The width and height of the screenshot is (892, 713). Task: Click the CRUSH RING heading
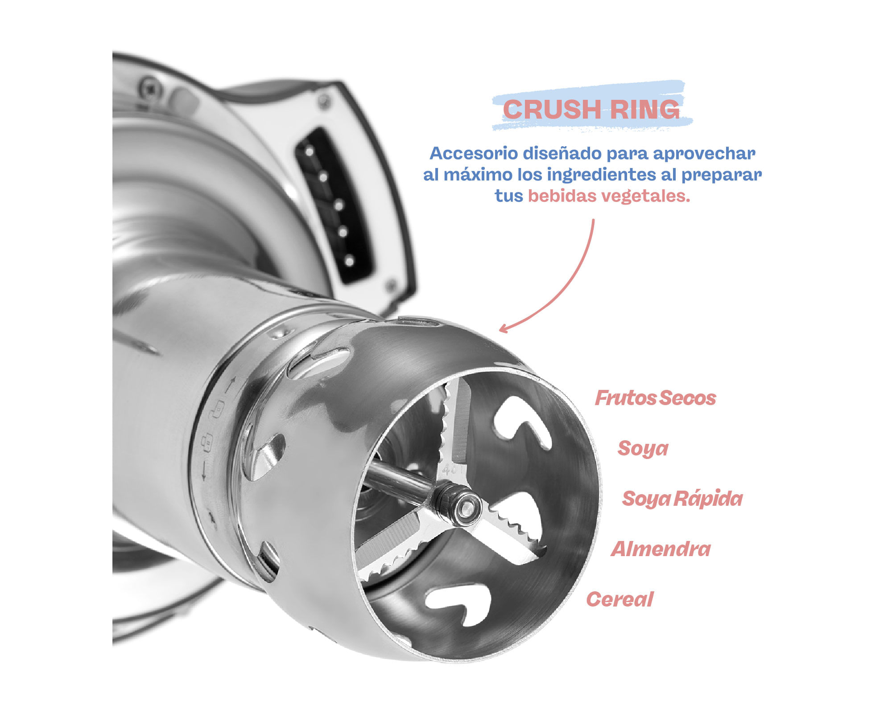[x=591, y=109]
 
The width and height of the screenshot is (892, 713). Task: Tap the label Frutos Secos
[x=655, y=398]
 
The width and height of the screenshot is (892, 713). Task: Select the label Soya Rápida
[x=682, y=499]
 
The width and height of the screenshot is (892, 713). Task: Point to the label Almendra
[x=661, y=549]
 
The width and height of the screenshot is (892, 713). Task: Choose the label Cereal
[x=619, y=599]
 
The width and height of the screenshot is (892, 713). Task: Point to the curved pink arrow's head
[x=503, y=329]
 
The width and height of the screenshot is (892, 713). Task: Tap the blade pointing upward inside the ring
[x=455, y=423]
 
